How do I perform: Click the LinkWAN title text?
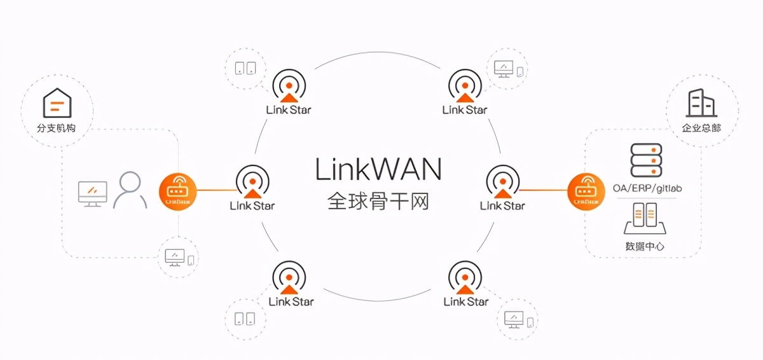click(x=378, y=169)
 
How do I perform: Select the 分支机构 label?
click(x=57, y=128)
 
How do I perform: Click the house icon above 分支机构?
click(x=57, y=103)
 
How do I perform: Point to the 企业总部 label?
click(x=701, y=128)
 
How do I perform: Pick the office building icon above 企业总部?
click(x=702, y=103)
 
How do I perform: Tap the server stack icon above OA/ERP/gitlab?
click(x=646, y=161)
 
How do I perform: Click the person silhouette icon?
click(x=130, y=190)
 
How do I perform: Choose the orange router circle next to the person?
click(x=178, y=190)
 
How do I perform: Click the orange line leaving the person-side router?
click(x=216, y=190)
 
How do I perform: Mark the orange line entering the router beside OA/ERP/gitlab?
click(x=544, y=190)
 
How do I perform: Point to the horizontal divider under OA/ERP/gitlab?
click(x=646, y=198)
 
